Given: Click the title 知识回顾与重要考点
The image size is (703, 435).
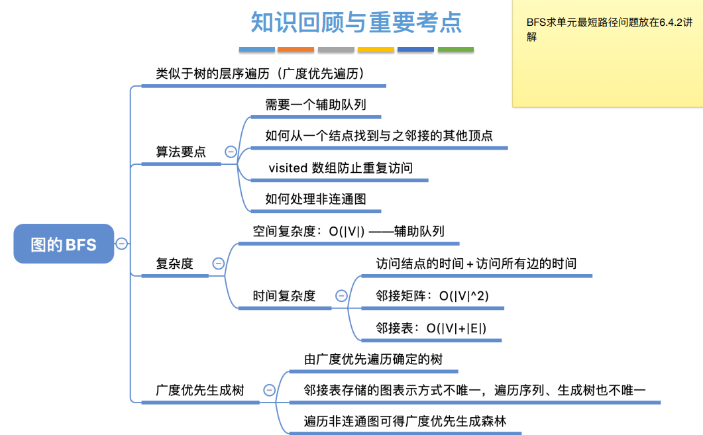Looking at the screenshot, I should (356, 23).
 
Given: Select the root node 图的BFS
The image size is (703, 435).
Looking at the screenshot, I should (64, 244).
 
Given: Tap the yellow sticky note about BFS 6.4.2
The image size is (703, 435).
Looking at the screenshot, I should (607, 53).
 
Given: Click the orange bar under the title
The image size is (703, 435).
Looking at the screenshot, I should (296, 50).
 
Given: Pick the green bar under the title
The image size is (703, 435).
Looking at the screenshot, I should (456, 50).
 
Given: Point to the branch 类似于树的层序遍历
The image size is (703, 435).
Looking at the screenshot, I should (260, 73).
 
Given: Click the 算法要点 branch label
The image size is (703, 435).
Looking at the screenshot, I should (181, 152).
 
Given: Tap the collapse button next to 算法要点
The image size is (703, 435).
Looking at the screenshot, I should (231, 152).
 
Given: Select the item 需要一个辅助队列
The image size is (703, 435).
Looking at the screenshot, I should (315, 104).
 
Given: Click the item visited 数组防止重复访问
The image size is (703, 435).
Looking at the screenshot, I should (341, 168).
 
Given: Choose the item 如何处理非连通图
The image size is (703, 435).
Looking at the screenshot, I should (315, 199).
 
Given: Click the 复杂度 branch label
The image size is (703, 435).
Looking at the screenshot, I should (174, 263).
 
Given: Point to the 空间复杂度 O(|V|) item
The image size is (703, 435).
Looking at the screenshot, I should (348, 231).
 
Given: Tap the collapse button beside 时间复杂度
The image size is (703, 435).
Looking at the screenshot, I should (341, 296).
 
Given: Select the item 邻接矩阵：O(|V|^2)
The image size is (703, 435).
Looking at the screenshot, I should (432, 296).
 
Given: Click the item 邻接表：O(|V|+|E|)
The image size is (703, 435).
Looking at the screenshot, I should (431, 328).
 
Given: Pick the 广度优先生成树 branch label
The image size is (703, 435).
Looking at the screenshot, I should (199, 390).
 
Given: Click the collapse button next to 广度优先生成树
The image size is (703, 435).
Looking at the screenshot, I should (269, 390).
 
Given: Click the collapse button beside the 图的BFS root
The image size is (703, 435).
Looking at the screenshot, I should (122, 244).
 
